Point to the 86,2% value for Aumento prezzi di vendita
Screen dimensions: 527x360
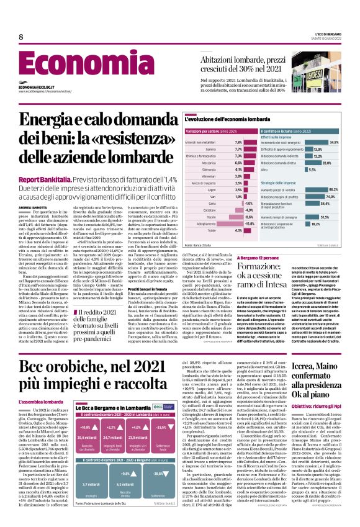click(x=333, y=189)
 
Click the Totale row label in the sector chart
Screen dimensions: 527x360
click(x=212, y=230)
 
